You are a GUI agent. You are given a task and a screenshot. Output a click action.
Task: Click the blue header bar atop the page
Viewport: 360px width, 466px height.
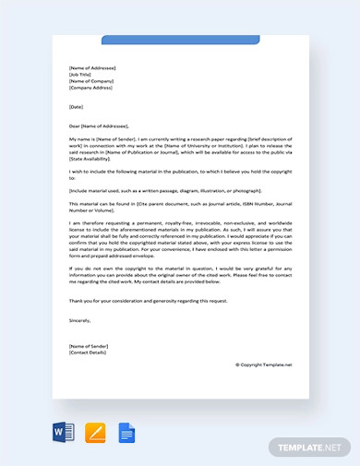(x=179, y=40)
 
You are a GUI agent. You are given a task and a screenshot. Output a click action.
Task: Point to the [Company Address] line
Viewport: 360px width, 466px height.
(x=90, y=90)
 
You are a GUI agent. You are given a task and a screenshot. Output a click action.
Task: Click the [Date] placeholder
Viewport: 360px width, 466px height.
(x=76, y=107)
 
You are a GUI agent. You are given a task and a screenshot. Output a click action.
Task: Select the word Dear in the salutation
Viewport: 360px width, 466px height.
(x=74, y=125)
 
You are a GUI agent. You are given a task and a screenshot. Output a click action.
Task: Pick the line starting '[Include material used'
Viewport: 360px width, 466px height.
(x=166, y=189)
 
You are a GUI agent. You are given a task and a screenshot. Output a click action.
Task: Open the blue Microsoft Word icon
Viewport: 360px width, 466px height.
(x=62, y=432)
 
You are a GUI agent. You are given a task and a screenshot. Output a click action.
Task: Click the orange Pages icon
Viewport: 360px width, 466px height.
(x=94, y=432)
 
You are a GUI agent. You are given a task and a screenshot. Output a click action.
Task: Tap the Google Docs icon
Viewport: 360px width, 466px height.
(x=125, y=432)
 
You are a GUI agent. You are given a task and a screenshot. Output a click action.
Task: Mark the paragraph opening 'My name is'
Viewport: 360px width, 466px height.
(x=179, y=148)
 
